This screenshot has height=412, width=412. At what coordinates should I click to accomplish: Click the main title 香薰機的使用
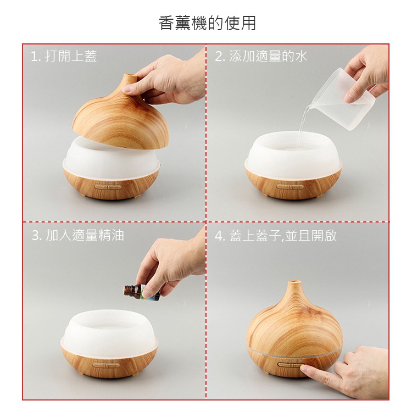point(207,23)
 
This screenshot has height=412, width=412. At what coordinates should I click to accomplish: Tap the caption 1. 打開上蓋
point(64,56)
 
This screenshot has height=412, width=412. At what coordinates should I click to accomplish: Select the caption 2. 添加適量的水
point(261,56)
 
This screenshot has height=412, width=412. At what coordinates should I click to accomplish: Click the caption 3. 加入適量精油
point(78,235)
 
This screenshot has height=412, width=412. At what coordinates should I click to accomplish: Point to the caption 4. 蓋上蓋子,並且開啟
point(276,236)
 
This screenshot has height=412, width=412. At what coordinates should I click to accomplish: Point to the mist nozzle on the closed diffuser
point(294,283)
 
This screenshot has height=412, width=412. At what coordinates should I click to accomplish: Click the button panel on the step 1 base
point(107,187)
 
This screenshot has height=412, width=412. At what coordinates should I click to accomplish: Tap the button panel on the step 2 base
point(290,187)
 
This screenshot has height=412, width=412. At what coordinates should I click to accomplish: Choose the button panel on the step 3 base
point(106,365)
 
